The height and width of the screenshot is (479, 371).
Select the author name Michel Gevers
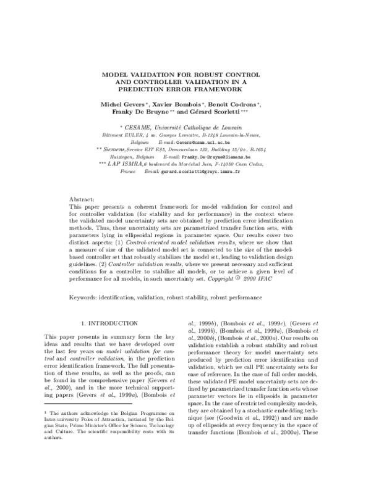(122, 105)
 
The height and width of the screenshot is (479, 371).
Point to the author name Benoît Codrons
(232, 105)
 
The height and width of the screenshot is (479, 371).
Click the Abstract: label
(82, 201)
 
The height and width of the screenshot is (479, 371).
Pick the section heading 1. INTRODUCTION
(110, 323)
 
